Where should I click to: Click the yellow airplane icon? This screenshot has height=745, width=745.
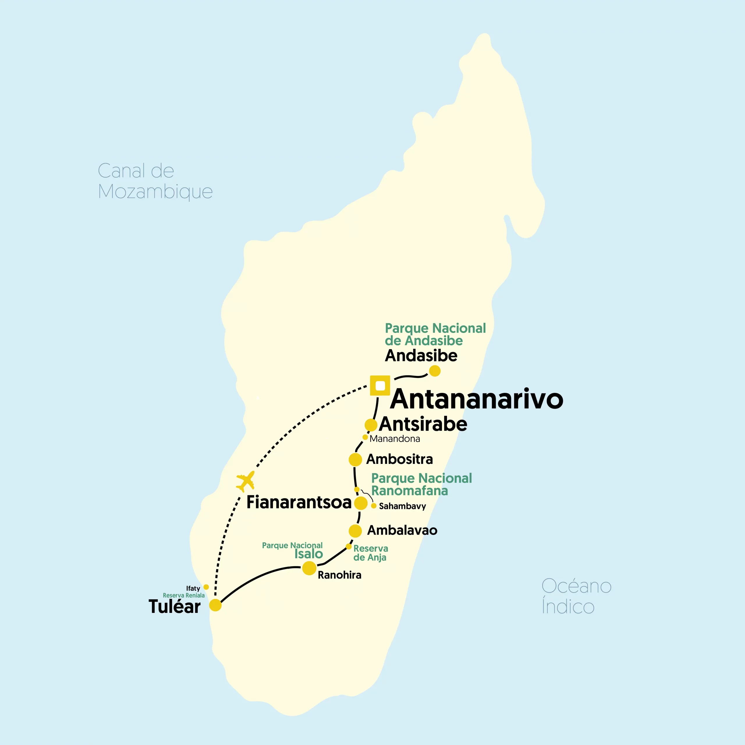pos(245,481)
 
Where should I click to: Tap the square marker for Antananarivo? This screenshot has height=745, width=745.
pos(380,386)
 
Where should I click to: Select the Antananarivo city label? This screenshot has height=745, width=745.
pos(477,399)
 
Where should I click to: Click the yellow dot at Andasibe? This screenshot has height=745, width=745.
pos(434,371)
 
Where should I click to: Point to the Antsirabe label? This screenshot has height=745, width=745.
pos(423,424)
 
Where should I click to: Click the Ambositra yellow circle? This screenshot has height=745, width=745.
pos(355,460)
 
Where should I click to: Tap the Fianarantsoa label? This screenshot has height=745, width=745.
pos(299,503)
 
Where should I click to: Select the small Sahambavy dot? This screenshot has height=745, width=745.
pos(374,506)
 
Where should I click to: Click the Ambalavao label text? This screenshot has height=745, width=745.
pos(402,531)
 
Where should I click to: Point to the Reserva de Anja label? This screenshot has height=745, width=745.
pos(370,553)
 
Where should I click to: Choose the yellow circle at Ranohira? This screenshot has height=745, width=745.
pos(309,568)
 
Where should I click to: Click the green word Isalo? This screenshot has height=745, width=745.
pos(308,554)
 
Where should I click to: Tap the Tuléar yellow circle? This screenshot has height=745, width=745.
pos(215,605)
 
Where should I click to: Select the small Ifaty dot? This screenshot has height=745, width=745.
pos(206,587)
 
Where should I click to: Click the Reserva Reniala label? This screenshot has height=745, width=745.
pos(184,595)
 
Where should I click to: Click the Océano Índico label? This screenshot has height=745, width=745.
pos(576,596)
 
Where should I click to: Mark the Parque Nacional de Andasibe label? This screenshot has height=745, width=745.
pos(435,334)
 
